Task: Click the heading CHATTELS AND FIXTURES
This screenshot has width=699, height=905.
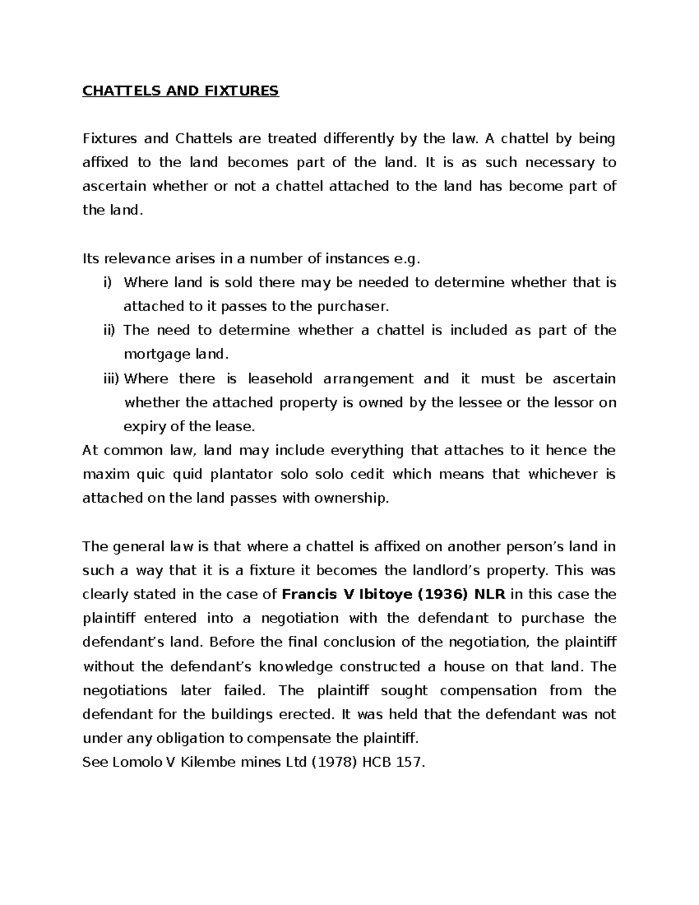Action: [181, 91]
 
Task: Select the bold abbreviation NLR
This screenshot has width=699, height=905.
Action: [491, 594]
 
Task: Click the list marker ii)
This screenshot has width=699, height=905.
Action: [107, 330]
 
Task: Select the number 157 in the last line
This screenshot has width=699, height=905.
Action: [407, 762]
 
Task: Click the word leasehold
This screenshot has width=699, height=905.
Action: [279, 379]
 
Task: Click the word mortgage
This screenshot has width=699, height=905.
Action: [153, 354]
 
